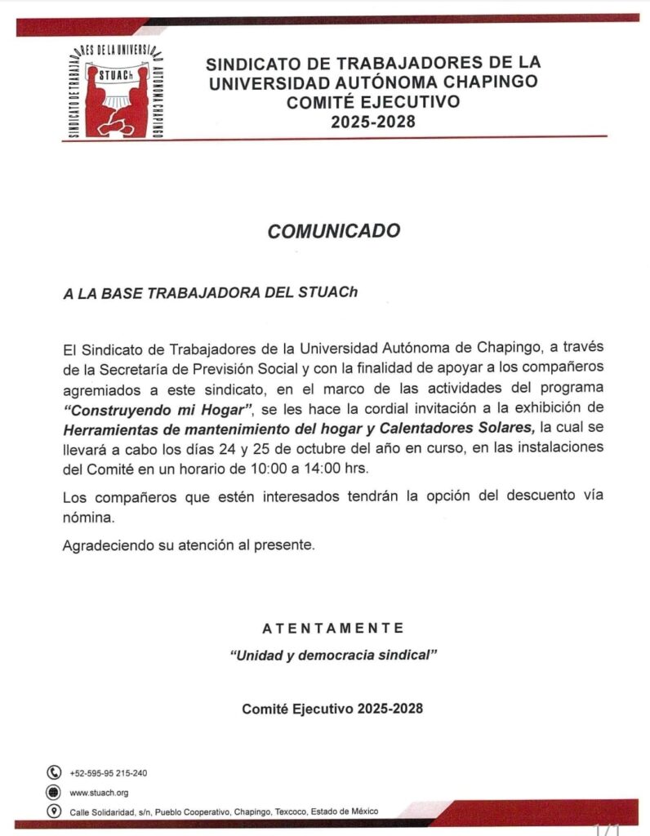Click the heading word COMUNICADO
point(334,231)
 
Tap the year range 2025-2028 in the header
point(373,122)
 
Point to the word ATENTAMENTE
point(333,628)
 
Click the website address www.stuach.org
point(99,793)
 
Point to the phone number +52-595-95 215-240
point(109,773)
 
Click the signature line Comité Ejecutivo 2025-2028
point(332,709)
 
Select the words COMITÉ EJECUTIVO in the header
point(372,102)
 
